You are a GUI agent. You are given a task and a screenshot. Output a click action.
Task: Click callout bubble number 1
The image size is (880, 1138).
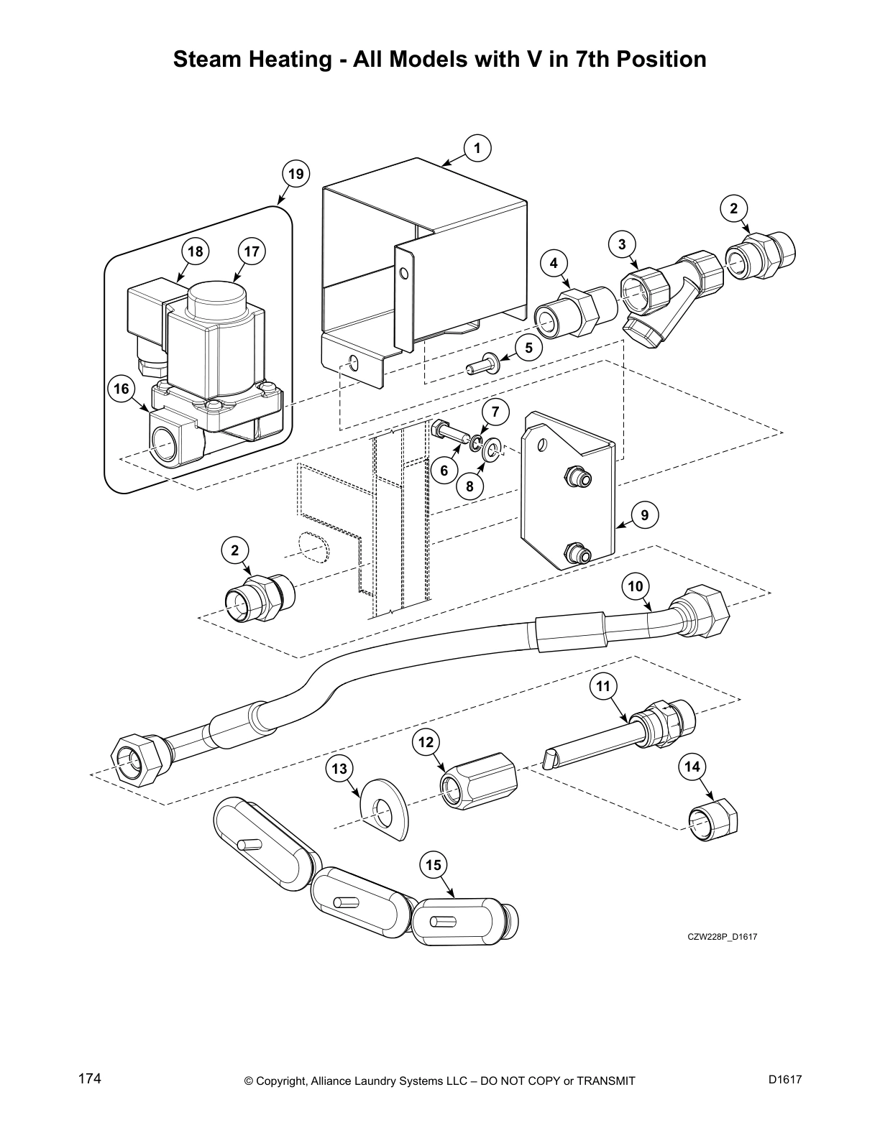coord(477,148)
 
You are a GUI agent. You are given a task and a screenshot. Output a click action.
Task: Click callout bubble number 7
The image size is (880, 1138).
coord(495,412)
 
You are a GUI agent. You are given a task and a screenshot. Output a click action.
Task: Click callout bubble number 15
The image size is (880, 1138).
coord(434,865)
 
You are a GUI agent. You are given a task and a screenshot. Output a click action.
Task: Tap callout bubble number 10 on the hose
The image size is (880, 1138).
coord(636,586)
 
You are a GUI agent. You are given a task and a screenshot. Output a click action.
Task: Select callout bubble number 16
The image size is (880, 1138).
coord(122,389)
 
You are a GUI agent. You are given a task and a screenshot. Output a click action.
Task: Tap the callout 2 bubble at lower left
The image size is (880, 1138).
coord(235,551)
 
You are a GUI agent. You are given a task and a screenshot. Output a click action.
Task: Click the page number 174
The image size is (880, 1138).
coord(90,1079)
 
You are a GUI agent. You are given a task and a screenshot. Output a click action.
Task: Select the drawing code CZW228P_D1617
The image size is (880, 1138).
coord(723,937)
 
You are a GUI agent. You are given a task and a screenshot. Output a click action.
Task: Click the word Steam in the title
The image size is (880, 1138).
coord(210,59)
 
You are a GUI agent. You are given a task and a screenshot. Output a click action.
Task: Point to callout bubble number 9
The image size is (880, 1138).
coord(644,514)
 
